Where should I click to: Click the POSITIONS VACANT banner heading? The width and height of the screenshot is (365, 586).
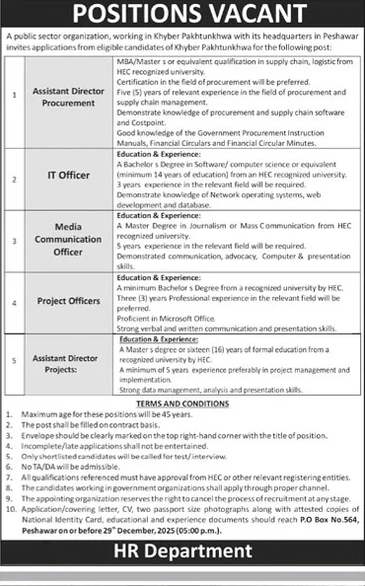182,15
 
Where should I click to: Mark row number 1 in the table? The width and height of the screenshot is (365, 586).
13,97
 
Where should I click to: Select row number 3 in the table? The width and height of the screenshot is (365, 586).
13,239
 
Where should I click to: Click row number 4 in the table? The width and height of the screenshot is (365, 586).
13,304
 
